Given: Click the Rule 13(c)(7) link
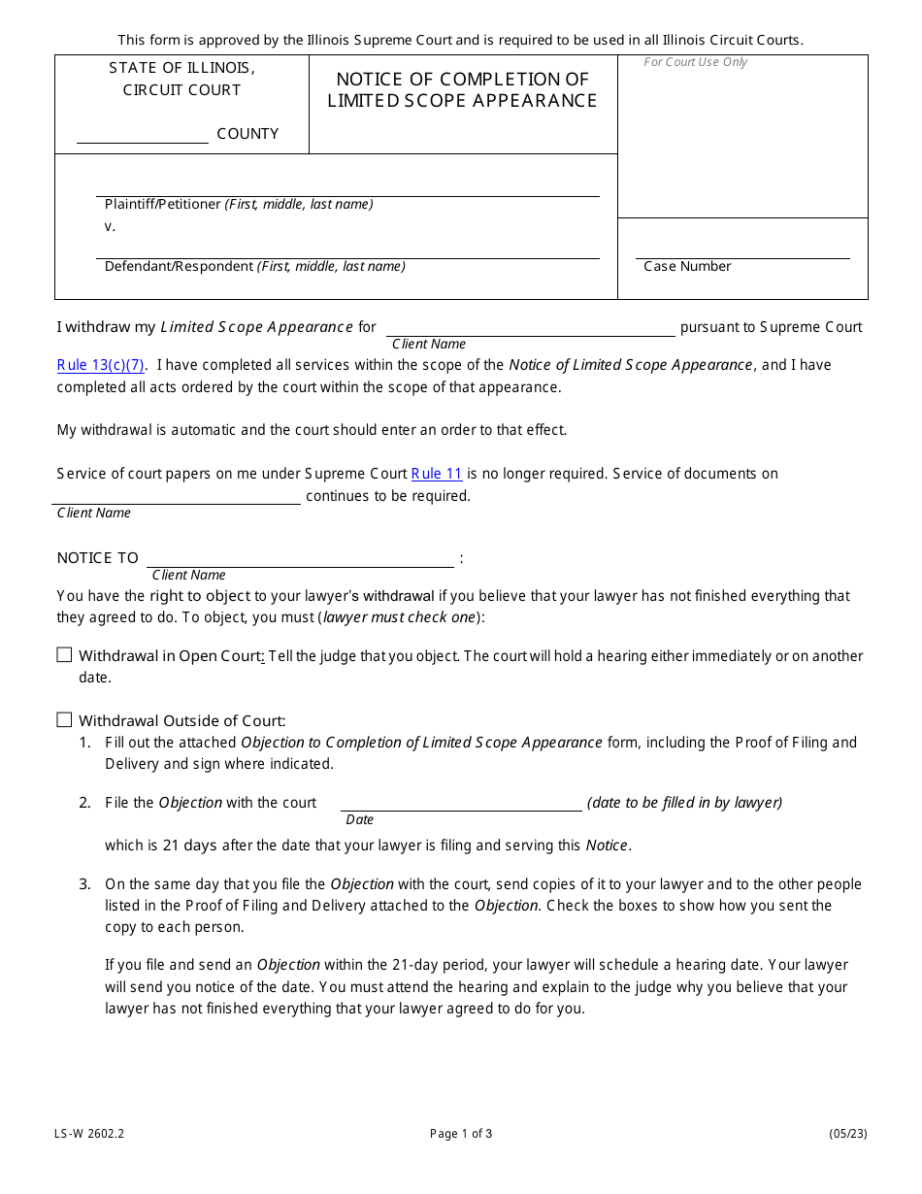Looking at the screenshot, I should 101,365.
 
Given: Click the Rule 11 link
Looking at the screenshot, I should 437,474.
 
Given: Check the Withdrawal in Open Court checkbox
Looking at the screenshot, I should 64,655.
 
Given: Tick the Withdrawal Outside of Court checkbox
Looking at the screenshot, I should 64,720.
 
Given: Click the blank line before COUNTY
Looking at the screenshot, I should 142,136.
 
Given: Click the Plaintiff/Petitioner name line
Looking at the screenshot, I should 347,190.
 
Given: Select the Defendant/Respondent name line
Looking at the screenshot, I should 347,252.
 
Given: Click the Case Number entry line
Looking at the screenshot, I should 742,252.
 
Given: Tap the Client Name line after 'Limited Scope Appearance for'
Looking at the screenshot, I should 530,329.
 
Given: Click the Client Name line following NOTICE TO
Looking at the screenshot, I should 300,560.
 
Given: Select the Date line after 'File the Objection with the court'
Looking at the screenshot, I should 461,804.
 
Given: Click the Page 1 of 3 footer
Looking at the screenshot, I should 461,1134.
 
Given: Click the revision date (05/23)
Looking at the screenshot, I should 847,1134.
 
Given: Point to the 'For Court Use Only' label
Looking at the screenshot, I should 696,62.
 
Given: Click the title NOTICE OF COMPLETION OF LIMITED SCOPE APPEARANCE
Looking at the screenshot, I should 462,89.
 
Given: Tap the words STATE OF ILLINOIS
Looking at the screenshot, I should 181,68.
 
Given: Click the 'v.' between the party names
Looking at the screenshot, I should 110,226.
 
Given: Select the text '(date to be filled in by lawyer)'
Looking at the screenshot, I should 684,803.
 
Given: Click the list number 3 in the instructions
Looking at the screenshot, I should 84,884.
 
